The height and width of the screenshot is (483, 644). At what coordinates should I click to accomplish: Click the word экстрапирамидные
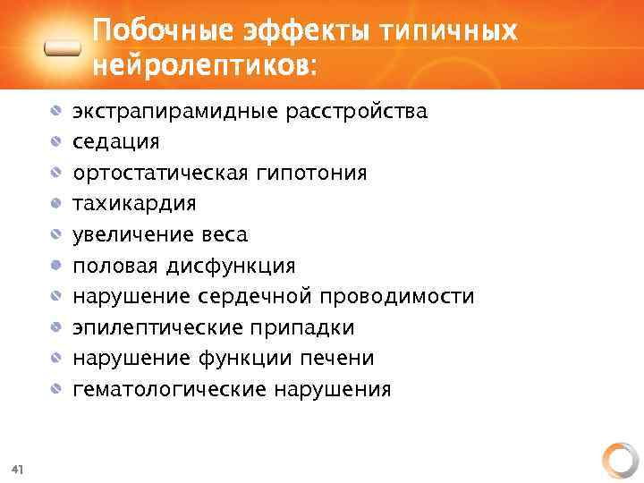coord(175,112)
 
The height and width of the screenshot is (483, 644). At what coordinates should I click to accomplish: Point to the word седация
coord(116,142)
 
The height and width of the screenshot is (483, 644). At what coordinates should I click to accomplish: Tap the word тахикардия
coord(134,204)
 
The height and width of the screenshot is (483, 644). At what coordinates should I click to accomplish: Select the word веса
coord(224,235)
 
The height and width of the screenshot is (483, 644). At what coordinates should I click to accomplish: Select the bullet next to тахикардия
coord(56,204)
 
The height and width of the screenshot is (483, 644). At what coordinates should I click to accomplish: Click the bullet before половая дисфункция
coord(56,266)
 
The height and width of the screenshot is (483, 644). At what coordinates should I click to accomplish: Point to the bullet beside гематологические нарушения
coord(56,389)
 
